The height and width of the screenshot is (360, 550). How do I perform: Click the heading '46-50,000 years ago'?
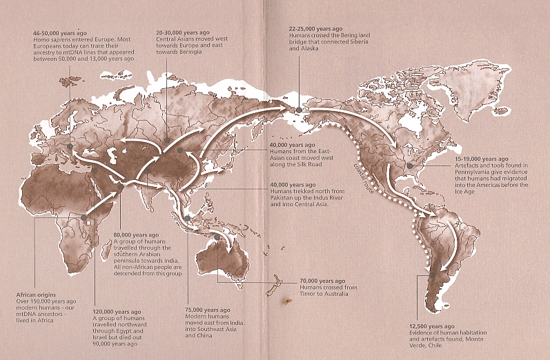click(59, 33)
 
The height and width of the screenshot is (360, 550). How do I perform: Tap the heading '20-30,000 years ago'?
click(183, 32)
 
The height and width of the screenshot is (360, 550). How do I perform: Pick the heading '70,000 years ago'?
click(322, 281)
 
